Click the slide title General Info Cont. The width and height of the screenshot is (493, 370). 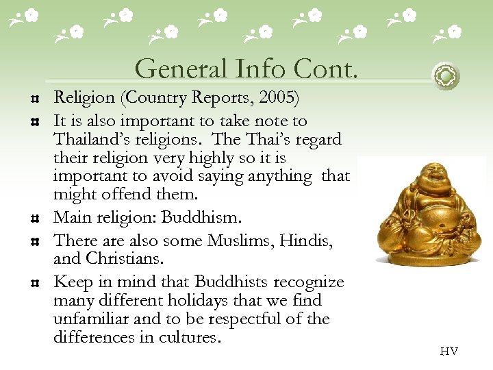coord(247,69)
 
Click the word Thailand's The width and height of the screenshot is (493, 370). coord(96,140)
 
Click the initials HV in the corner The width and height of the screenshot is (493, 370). coord(449,351)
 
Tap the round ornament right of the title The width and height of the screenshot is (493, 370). coord(446,75)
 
